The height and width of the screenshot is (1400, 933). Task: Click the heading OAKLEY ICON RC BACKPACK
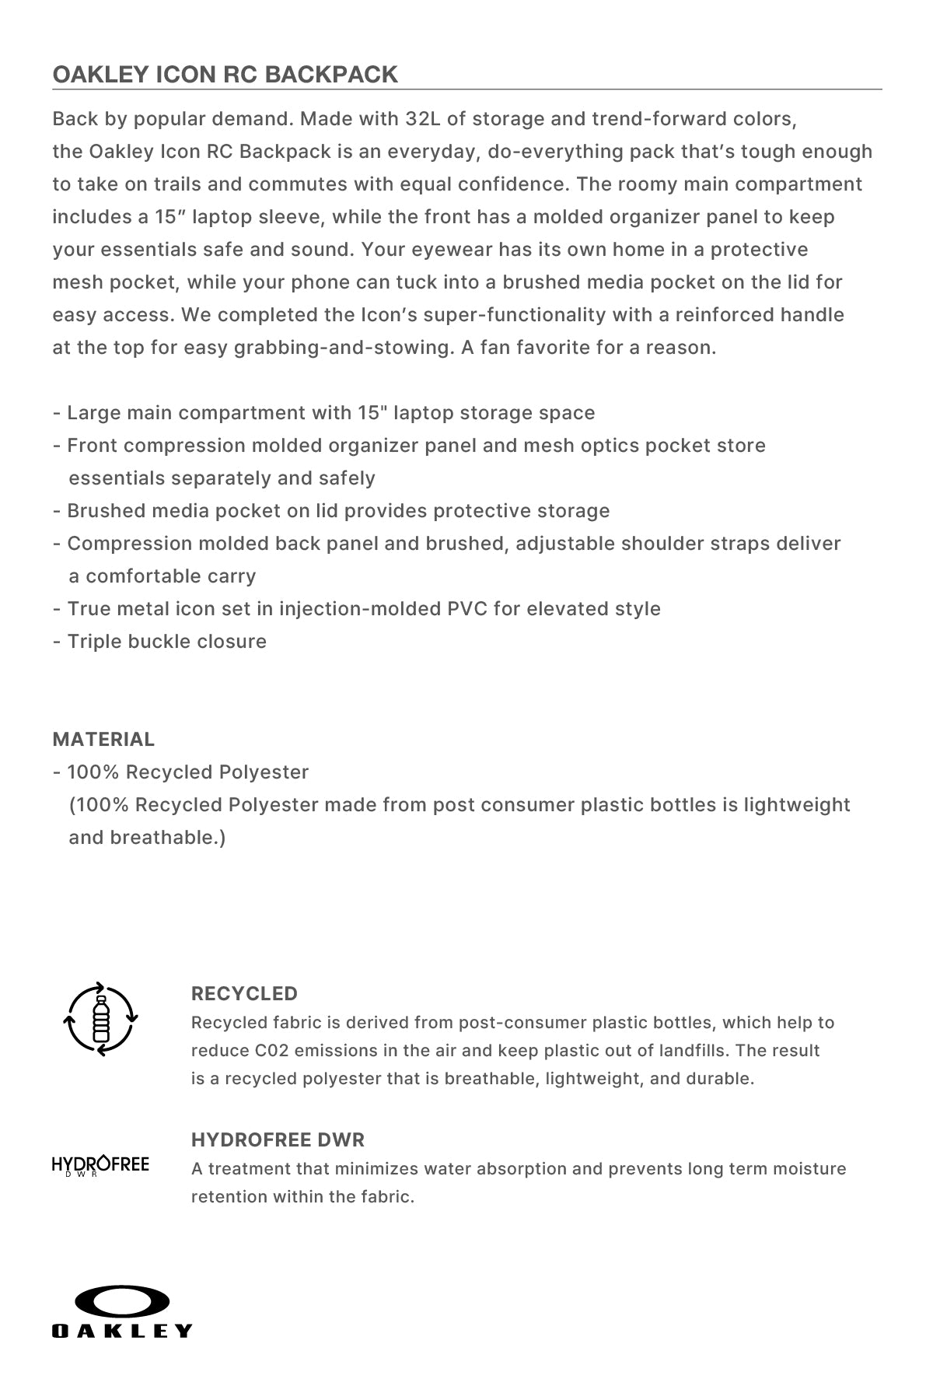225,74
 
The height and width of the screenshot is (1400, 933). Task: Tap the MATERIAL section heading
103,739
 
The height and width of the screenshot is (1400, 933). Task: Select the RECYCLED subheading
244,993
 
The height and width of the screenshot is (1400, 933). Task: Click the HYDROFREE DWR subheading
278,1139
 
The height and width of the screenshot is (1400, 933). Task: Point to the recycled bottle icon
100,1018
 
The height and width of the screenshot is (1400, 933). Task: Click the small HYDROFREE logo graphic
100,1165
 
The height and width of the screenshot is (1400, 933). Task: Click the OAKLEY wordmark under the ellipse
121,1331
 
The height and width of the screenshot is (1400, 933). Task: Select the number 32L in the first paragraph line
423,119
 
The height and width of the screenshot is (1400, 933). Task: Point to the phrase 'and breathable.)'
147,837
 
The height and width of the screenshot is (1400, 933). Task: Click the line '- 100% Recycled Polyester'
180,772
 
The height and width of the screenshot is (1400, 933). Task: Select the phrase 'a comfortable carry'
162,576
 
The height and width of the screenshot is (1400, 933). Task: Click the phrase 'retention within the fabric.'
302,1196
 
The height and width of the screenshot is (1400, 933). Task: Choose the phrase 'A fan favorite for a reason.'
589,347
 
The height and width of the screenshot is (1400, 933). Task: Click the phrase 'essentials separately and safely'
222,478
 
